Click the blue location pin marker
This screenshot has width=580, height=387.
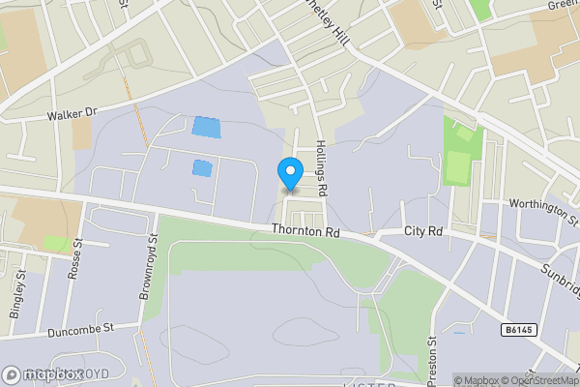(x=289, y=174)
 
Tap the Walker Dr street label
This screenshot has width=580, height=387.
(x=73, y=114)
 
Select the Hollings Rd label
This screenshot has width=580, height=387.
(x=322, y=169)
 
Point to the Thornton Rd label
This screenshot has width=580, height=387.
(x=305, y=232)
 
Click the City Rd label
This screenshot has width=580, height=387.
(x=422, y=232)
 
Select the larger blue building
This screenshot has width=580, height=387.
(x=206, y=126)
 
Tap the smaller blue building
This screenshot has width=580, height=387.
(x=201, y=167)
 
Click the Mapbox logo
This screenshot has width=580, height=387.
(x=43, y=374)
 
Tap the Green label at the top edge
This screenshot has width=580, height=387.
(x=564, y=5)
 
